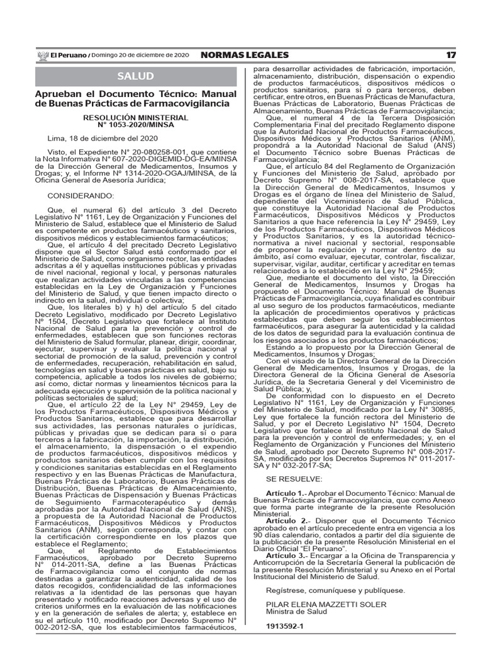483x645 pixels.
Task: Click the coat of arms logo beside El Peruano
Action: coord(43,55)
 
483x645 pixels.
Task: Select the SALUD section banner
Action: coord(135,76)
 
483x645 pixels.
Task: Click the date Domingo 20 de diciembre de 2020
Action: coord(133,55)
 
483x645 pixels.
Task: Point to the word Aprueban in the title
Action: coord(55,94)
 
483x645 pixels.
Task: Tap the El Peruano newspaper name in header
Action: coord(69,55)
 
